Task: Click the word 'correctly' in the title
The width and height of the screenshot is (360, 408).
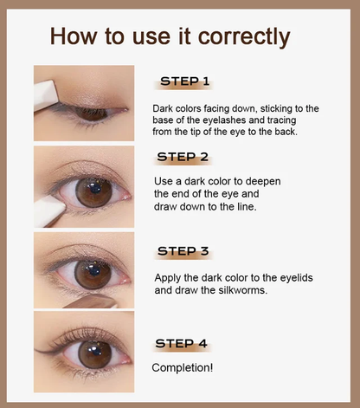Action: point(244,36)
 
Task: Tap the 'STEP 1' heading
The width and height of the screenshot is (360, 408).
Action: point(184,81)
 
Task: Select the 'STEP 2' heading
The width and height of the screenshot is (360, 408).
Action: point(183,157)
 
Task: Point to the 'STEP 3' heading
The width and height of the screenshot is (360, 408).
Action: point(183,251)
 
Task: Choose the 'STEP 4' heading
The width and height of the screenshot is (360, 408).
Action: point(182,343)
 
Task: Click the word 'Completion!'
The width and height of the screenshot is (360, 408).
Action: point(183,367)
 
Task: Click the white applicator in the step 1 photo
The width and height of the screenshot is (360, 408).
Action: point(47,96)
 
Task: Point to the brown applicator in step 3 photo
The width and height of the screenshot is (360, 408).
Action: point(92,301)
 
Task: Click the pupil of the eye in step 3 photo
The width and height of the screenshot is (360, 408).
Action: point(93,271)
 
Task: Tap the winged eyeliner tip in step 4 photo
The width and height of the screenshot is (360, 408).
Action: point(35,350)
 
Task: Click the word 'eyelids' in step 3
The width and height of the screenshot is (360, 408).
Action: point(297,278)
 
